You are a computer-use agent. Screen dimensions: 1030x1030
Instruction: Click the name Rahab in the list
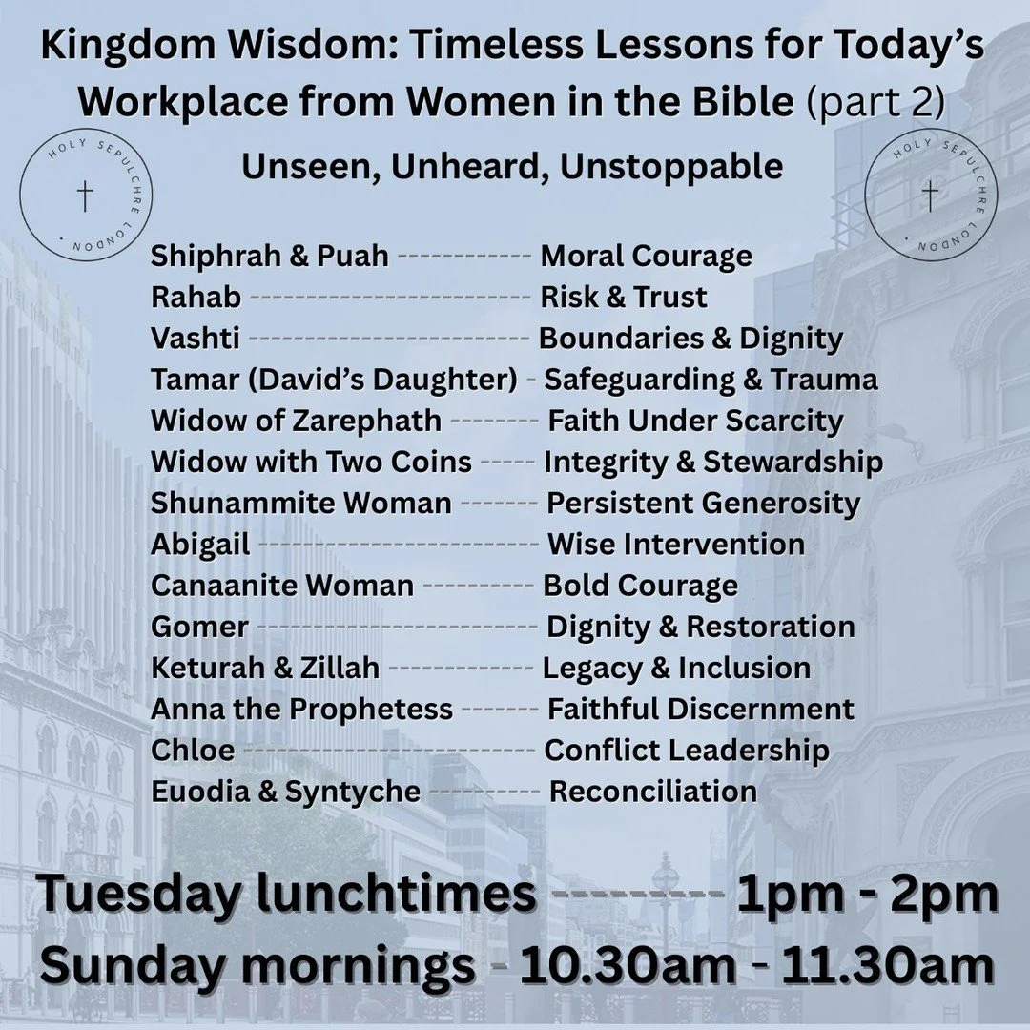196,298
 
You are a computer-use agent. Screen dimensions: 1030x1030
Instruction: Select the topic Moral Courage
646,256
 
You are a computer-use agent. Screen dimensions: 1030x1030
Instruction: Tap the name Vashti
196,339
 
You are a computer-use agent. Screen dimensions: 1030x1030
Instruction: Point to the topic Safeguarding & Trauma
711,380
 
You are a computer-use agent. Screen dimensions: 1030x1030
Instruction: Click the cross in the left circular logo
86,196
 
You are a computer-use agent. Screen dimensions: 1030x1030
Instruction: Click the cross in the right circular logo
930,196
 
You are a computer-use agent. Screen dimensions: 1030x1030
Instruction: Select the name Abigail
200,545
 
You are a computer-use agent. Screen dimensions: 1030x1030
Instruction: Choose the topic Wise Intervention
675,545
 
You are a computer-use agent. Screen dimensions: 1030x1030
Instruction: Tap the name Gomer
199,627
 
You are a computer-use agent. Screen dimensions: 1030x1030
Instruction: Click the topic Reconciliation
653,792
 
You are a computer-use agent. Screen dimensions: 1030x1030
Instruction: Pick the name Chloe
193,751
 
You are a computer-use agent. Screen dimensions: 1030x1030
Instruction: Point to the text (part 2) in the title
876,103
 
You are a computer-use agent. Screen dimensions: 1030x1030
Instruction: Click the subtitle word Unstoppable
671,167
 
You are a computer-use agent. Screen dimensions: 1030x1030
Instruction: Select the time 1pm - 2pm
867,895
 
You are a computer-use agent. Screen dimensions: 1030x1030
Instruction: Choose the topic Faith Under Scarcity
694,421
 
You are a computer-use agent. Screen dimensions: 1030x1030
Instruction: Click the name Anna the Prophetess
301,709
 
